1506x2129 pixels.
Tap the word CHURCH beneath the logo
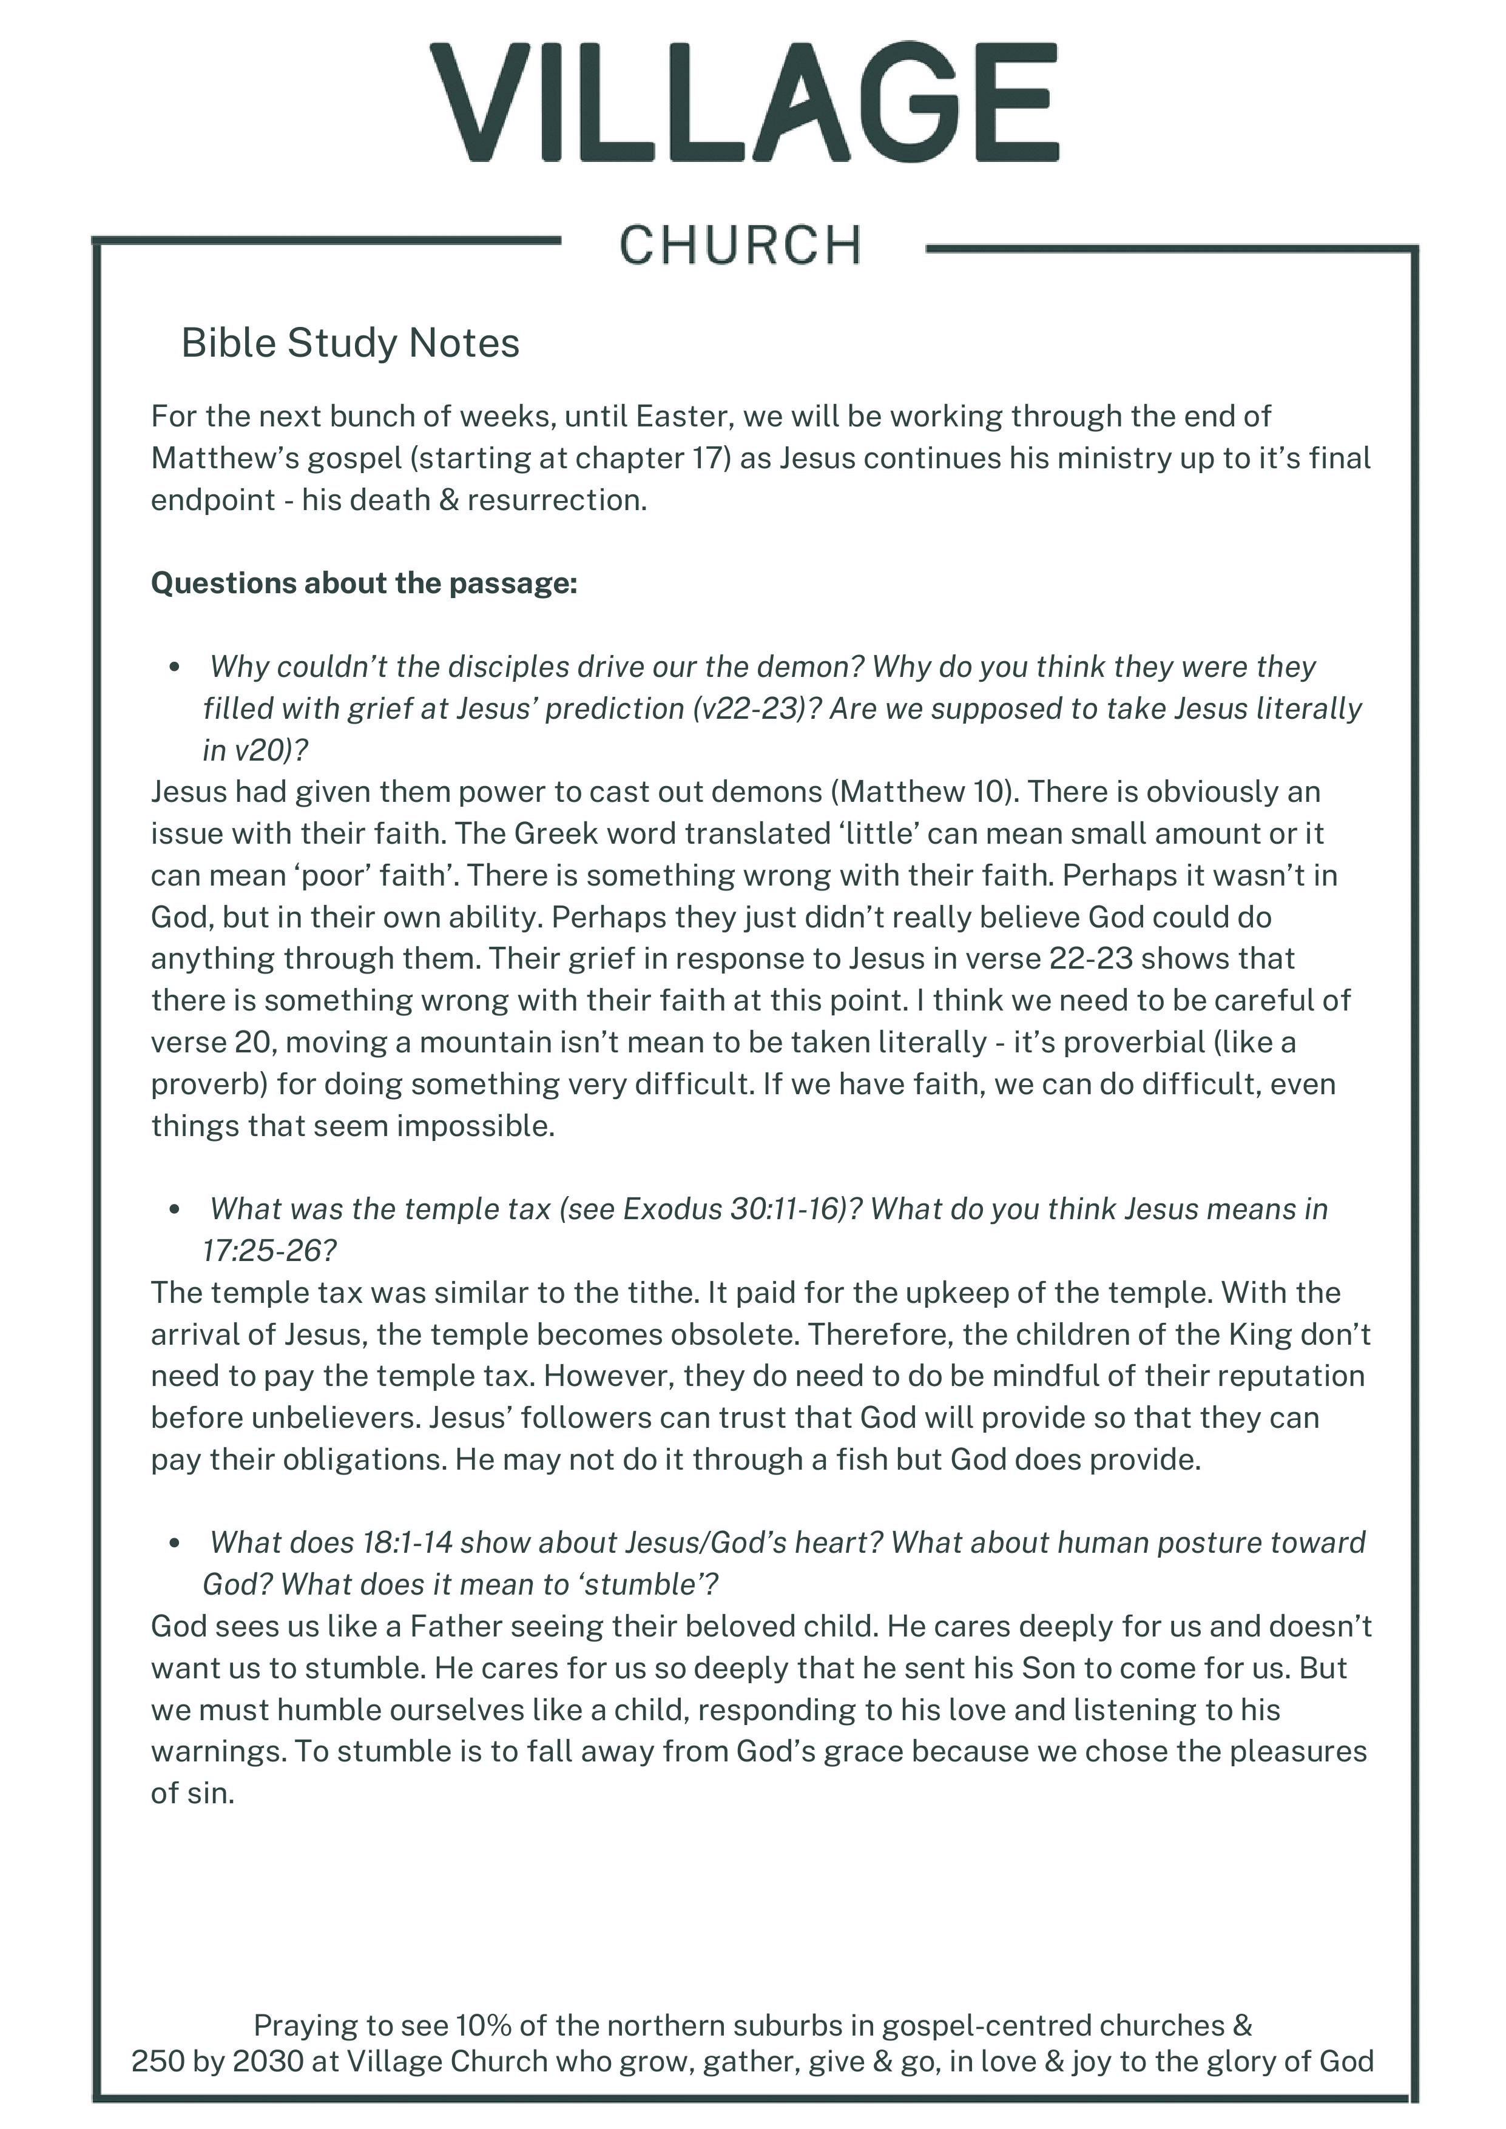(x=740, y=246)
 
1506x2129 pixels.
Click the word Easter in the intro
(x=675, y=416)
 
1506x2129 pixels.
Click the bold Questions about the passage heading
(x=363, y=584)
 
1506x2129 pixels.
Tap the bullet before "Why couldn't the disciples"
(x=174, y=668)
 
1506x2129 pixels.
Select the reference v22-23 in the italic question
(x=756, y=708)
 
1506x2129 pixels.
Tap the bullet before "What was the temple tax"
(x=174, y=1210)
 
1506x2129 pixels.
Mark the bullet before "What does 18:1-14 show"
(x=174, y=1544)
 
